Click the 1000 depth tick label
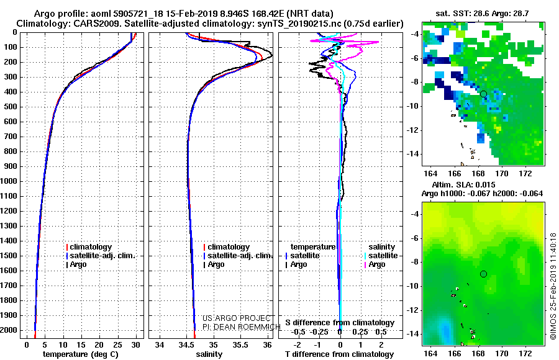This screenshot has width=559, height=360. tap(9, 181)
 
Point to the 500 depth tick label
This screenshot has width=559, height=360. tap(11, 107)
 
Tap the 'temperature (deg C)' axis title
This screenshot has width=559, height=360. tap(81, 354)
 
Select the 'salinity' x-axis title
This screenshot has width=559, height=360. tap(209, 354)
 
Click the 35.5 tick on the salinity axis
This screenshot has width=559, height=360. tap(240, 344)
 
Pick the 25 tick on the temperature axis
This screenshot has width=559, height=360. tap(117, 344)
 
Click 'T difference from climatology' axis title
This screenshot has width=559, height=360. tap(339, 354)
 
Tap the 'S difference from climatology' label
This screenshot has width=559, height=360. tap(340, 323)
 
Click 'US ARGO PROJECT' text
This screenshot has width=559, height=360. tap(237, 318)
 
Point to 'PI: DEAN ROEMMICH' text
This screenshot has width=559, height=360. tap(241, 326)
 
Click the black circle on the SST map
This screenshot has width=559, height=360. tap(483, 94)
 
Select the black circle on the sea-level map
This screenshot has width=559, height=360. tap(483, 274)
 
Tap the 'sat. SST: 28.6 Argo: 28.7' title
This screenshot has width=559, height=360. tap(482, 14)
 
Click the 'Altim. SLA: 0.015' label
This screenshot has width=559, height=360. tap(463, 184)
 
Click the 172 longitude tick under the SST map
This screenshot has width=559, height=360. tap(525, 173)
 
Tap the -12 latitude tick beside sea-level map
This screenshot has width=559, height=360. tap(412, 310)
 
